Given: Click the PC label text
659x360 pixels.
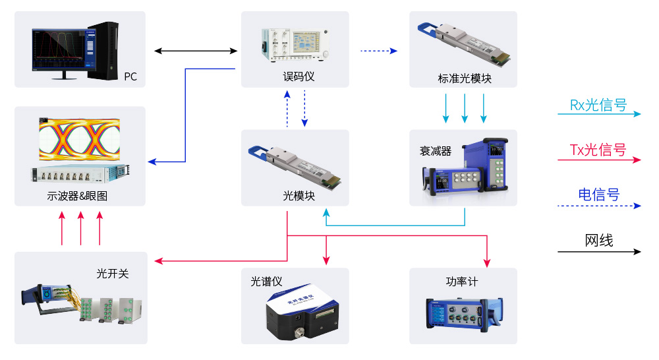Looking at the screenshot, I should (x=130, y=76).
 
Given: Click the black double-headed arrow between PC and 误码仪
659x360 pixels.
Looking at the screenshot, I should (x=196, y=50).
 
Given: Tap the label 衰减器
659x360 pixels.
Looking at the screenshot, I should (x=436, y=151).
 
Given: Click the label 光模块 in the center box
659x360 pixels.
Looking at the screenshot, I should (x=299, y=196).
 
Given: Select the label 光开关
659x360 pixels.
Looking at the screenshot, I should (x=113, y=273).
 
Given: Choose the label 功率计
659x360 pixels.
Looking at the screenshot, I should (x=461, y=282).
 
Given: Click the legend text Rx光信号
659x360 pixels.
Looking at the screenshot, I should (x=598, y=105).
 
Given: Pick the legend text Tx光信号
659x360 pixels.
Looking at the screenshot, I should (x=598, y=150).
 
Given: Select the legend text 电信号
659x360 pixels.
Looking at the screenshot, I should (x=598, y=195).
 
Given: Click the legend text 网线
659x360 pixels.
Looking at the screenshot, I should (x=598, y=241).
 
